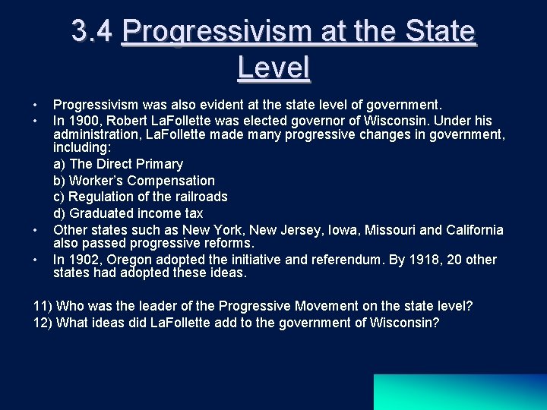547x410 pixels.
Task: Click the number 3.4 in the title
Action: [x=92, y=32]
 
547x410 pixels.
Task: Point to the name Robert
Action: [x=125, y=121]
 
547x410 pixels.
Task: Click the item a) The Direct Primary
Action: [x=118, y=164]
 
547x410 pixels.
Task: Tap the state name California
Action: [x=475, y=229]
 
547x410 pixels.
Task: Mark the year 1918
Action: [x=422, y=260]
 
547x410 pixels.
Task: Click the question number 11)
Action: [x=43, y=306]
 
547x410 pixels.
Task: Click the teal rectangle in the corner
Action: [x=460, y=392]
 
